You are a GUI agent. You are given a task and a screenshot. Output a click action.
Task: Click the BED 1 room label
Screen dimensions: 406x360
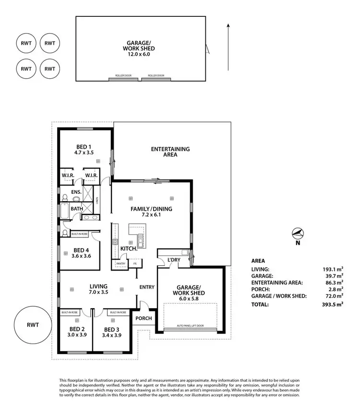(84, 147)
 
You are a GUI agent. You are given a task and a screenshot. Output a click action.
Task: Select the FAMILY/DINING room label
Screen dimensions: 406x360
(152, 209)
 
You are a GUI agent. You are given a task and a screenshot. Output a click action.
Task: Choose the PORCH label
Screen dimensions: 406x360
(144, 318)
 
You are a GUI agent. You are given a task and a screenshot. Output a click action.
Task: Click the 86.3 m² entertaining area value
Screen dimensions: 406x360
(334, 283)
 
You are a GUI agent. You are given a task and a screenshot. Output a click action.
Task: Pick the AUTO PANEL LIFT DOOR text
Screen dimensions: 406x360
(190, 326)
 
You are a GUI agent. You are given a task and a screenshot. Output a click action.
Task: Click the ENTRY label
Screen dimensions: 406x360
(147, 287)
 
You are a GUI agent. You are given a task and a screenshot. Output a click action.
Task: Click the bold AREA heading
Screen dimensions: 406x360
(258, 261)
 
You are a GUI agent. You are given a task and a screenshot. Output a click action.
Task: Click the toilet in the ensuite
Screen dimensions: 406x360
(65, 197)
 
